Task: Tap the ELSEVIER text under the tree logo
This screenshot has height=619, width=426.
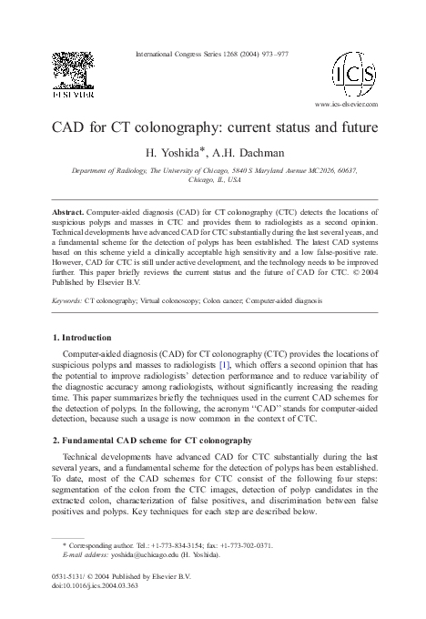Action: (x=76, y=93)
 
